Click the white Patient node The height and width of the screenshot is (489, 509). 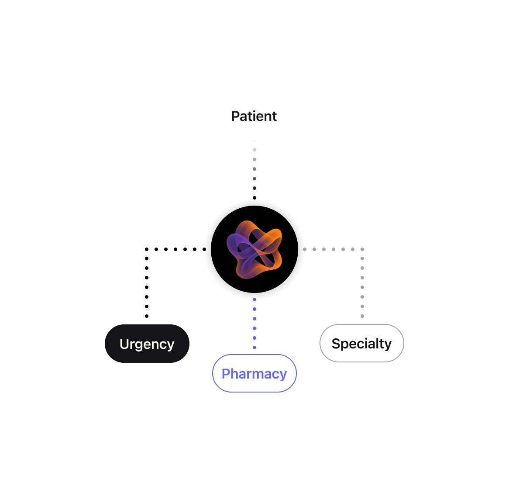[x=254, y=116]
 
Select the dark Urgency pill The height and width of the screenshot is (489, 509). [x=147, y=344]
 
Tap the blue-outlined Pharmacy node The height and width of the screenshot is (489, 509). [x=254, y=373]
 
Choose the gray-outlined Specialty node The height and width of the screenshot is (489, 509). [x=361, y=343]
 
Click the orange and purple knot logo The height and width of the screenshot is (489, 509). [x=254, y=249]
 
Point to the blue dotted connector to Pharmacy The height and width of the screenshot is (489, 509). [x=254, y=324]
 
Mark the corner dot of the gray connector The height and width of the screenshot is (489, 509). [x=362, y=249]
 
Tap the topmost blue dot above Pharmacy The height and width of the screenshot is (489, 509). [x=254, y=300]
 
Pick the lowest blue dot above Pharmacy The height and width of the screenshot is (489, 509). [x=254, y=348]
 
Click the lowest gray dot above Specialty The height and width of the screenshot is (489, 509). [x=362, y=316]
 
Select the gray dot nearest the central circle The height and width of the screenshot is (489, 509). [x=304, y=249]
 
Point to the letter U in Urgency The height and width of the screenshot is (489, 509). [x=124, y=344]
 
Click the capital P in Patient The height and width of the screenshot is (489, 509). [x=236, y=116]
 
